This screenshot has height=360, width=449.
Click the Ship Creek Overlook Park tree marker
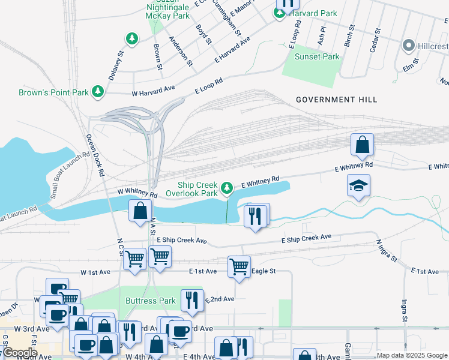tap(226, 189)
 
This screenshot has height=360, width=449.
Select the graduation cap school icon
tap(358, 186)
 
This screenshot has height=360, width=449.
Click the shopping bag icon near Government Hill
tap(362, 145)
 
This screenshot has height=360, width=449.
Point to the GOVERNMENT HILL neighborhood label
tap(336, 100)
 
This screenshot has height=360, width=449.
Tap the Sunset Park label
tap(316, 57)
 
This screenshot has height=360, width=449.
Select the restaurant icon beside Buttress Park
tap(191, 299)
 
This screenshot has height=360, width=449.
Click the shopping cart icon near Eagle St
tap(239, 266)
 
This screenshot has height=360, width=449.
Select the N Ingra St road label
tap(387, 251)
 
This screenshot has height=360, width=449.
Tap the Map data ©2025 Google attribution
tap(412, 355)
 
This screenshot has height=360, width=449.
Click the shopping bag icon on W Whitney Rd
tap(140, 211)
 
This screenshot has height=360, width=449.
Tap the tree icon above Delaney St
tap(131, 39)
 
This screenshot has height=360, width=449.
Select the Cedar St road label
tap(375, 40)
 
